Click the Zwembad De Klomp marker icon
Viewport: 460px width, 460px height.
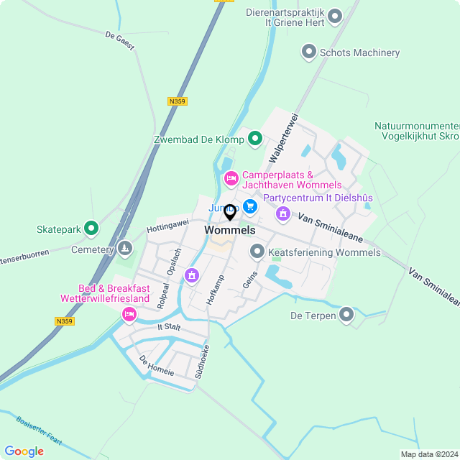click(254, 139)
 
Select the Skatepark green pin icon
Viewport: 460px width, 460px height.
click(91, 229)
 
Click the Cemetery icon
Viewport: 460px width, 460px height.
click(125, 249)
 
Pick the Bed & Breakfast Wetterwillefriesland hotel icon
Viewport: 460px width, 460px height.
click(129, 313)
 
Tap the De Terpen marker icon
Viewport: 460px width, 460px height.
click(347, 315)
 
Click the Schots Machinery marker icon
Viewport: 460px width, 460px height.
click(309, 52)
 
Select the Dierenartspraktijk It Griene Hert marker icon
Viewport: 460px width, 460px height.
click(334, 17)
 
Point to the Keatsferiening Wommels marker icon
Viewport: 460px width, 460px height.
click(257, 252)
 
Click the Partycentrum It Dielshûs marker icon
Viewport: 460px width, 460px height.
click(283, 213)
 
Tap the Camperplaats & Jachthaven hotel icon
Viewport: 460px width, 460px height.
click(231, 178)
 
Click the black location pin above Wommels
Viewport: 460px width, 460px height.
click(230, 212)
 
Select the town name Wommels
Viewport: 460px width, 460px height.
click(230, 231)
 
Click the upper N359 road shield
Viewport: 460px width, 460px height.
click(177, 101)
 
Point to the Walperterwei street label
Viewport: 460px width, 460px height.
click(282, 137)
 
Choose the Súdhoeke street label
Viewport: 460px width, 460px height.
click(203, 362)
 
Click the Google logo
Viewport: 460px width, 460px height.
click(24, 451)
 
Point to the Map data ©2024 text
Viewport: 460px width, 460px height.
click(428, 454)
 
